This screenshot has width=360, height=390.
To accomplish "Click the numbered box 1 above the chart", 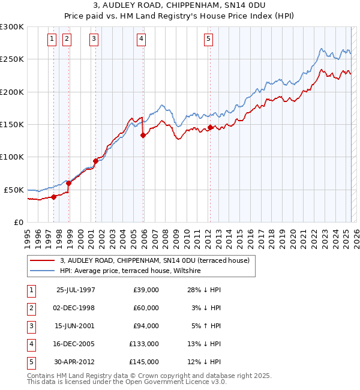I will coord(52,40).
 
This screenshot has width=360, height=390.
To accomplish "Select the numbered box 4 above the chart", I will coord(140,40).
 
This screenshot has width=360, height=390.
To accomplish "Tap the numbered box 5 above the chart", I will coord(208,40).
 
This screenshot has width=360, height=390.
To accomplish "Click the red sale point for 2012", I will coord(211,127).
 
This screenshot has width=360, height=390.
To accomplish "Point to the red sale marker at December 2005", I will coord(143,136).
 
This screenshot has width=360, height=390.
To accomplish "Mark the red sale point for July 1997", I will coord(54,196).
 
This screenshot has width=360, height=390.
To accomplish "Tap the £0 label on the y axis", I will coord(18,222).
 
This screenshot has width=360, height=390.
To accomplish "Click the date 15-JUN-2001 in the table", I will coord(76,326).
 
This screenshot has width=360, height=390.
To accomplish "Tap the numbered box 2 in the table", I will coord(30,308).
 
